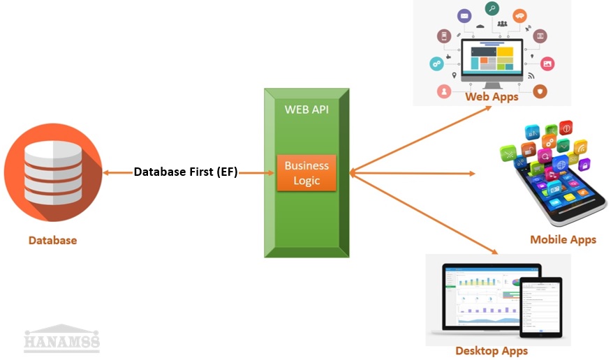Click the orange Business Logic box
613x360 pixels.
(306, 172)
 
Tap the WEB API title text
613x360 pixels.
(306, 110)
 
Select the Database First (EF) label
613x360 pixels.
(186, 172)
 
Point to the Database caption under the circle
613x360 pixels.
(52, 240)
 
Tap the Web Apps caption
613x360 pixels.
(492, 97)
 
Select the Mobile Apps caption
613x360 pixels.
(563, 239)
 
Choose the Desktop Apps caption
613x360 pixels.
(492, 350)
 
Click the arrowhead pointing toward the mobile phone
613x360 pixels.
(471, 173)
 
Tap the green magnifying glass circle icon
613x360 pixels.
(492, 9)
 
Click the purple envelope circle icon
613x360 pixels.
(464, 15)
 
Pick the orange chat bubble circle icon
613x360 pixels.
(519, 15)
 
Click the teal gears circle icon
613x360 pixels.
(437, 63)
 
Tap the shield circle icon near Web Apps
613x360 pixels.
(540, 91)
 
